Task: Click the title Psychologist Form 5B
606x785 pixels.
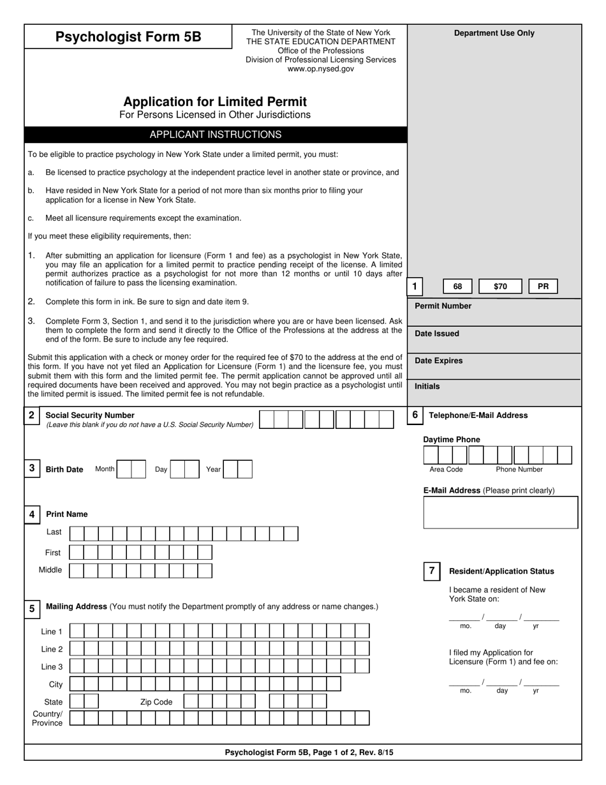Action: tap(128, 37)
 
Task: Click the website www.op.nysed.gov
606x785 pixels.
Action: tap(320, 69)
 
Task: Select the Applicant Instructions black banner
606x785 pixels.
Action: tap(215, 135)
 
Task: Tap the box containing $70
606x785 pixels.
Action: tap(500, 287)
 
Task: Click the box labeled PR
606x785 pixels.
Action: tap(543, 287)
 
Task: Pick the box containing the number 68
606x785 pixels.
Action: tap(457, 287)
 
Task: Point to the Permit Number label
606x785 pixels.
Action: tap(443, 306)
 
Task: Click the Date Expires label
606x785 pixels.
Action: tap(438, 361)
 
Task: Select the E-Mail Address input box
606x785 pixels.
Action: tap(501, 512)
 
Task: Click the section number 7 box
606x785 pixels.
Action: tap(432, 571)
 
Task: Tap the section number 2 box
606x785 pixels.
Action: tap(31, 415)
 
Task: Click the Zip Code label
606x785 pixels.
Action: tap(156, 702)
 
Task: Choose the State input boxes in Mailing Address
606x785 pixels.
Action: tap(84, 701)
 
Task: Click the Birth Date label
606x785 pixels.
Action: tap(64, 470)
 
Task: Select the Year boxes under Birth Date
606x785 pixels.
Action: tap(237, 470)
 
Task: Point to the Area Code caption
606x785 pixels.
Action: tap(446, 470)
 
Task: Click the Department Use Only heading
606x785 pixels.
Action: tap(494, 33)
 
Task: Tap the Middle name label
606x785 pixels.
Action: tap(50, 570)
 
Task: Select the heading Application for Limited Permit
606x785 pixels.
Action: tap(215, 102)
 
